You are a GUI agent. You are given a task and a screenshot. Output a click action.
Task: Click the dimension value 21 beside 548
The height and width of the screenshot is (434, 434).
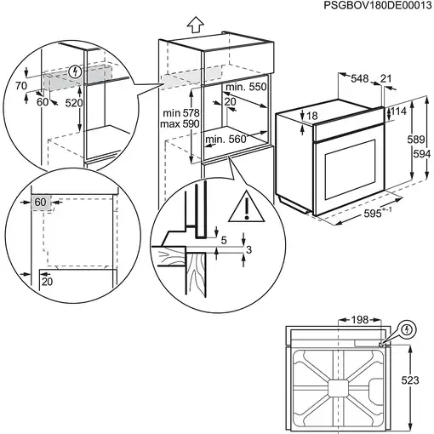pos(388,79)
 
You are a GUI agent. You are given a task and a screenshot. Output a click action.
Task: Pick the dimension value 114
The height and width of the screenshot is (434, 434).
pos(399,111)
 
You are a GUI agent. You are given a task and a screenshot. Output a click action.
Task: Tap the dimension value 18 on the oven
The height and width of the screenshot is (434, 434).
pos(312,116)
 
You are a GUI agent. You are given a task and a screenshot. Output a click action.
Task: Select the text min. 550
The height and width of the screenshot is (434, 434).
pos(246,87)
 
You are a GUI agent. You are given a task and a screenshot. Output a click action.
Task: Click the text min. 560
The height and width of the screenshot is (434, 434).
pos(226,139)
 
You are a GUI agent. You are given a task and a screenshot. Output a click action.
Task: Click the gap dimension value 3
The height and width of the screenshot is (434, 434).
pos(248,248)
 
